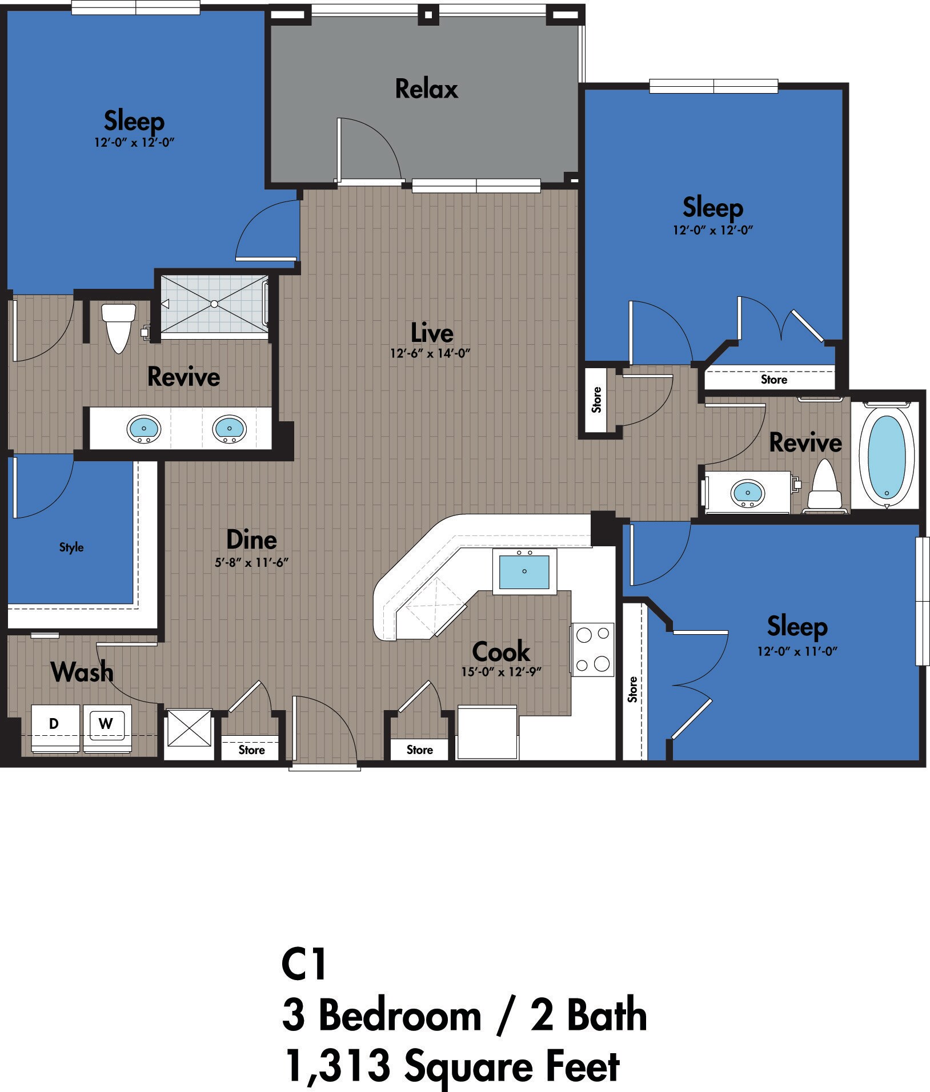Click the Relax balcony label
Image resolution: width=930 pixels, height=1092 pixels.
(426, 89)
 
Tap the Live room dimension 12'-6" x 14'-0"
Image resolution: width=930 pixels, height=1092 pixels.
(430, 353)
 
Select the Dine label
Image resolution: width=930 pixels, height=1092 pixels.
(251, 539)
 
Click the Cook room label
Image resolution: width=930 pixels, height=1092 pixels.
(501, 651)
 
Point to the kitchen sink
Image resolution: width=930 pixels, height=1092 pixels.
(524, 571)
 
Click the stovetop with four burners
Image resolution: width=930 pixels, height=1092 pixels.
(592, 649)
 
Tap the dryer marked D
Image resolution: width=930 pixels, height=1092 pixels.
(54, 724)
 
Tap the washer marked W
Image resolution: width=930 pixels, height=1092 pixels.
(106, 724)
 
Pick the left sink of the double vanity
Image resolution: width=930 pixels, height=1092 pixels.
(144, 428)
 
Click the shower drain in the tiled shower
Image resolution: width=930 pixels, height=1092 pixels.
(214, 304)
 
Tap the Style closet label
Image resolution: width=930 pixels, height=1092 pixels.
(71, 547)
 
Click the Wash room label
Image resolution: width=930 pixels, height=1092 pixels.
(82, 672)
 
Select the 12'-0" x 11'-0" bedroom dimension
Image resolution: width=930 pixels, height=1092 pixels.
(797, 651)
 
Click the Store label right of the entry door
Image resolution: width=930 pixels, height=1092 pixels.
(419, 750)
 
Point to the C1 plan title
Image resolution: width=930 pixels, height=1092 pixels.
(304, 964)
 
